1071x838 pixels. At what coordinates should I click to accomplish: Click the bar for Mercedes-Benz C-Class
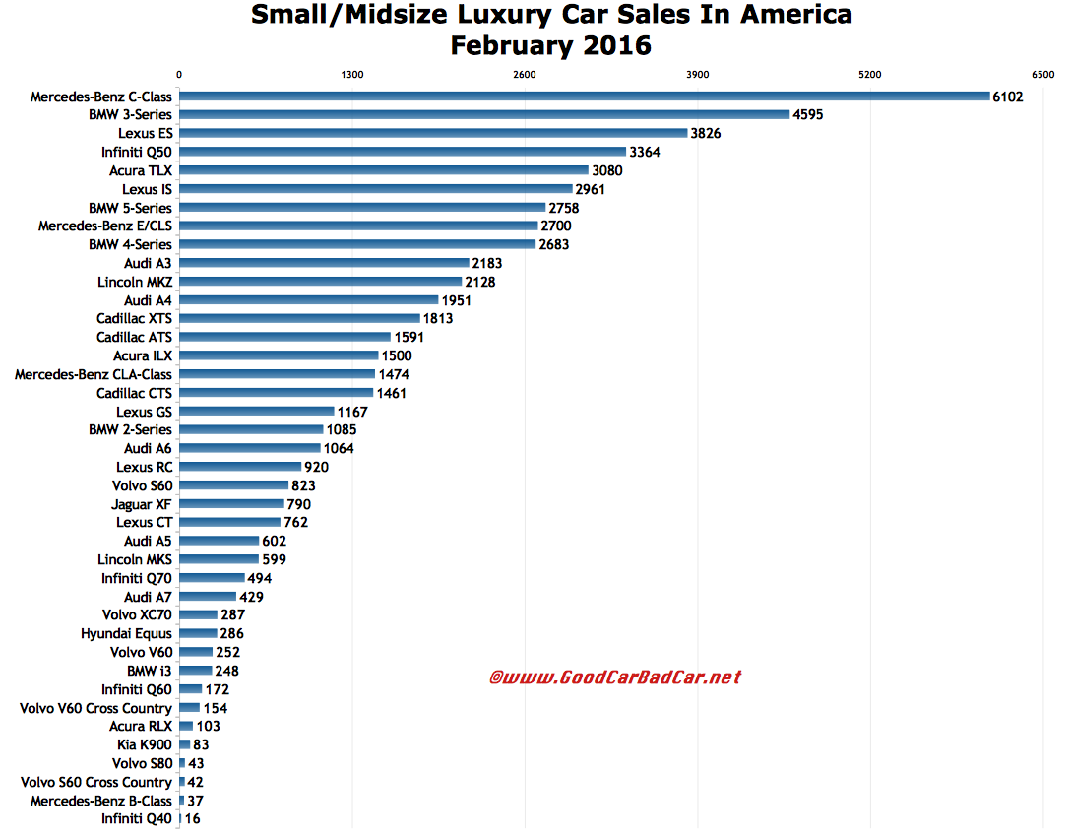(x=584, y=97)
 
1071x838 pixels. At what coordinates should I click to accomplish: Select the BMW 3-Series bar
(x=484, y=115)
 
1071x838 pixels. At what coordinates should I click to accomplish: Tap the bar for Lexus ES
(x=433, y=133)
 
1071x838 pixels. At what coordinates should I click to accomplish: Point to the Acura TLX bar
(x=384, y=170)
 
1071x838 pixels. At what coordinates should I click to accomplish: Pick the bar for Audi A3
(x=324, y=263)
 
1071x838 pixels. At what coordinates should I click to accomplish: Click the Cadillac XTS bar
(x=299, y=318)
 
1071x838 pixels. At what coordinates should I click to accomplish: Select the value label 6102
(x=1008, y=97)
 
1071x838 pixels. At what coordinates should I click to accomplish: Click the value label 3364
(x=645, y=152)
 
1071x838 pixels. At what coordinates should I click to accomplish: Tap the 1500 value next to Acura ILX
(x=397, y=355)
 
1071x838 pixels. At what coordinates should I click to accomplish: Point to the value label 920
(x=316, y=467)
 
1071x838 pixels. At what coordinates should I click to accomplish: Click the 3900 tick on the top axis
(x=697, y=75)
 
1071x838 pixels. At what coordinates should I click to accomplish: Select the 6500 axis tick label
(x=1043, y=75)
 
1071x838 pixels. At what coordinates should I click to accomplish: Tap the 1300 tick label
(x=351, y=75)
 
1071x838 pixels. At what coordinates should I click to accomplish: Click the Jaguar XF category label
(x=142, y=504)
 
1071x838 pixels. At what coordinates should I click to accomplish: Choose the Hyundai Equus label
(x=126, y=633)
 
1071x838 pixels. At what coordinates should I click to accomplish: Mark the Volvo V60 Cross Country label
(x=95, y=708)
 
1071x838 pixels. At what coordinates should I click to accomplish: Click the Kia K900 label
(x=144, y=745)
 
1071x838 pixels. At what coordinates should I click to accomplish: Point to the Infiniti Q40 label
(x=137, y=819)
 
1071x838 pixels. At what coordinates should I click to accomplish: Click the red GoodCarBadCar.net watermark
(x=615, y=677)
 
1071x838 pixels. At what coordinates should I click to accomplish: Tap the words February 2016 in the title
(x=550, y=46)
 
